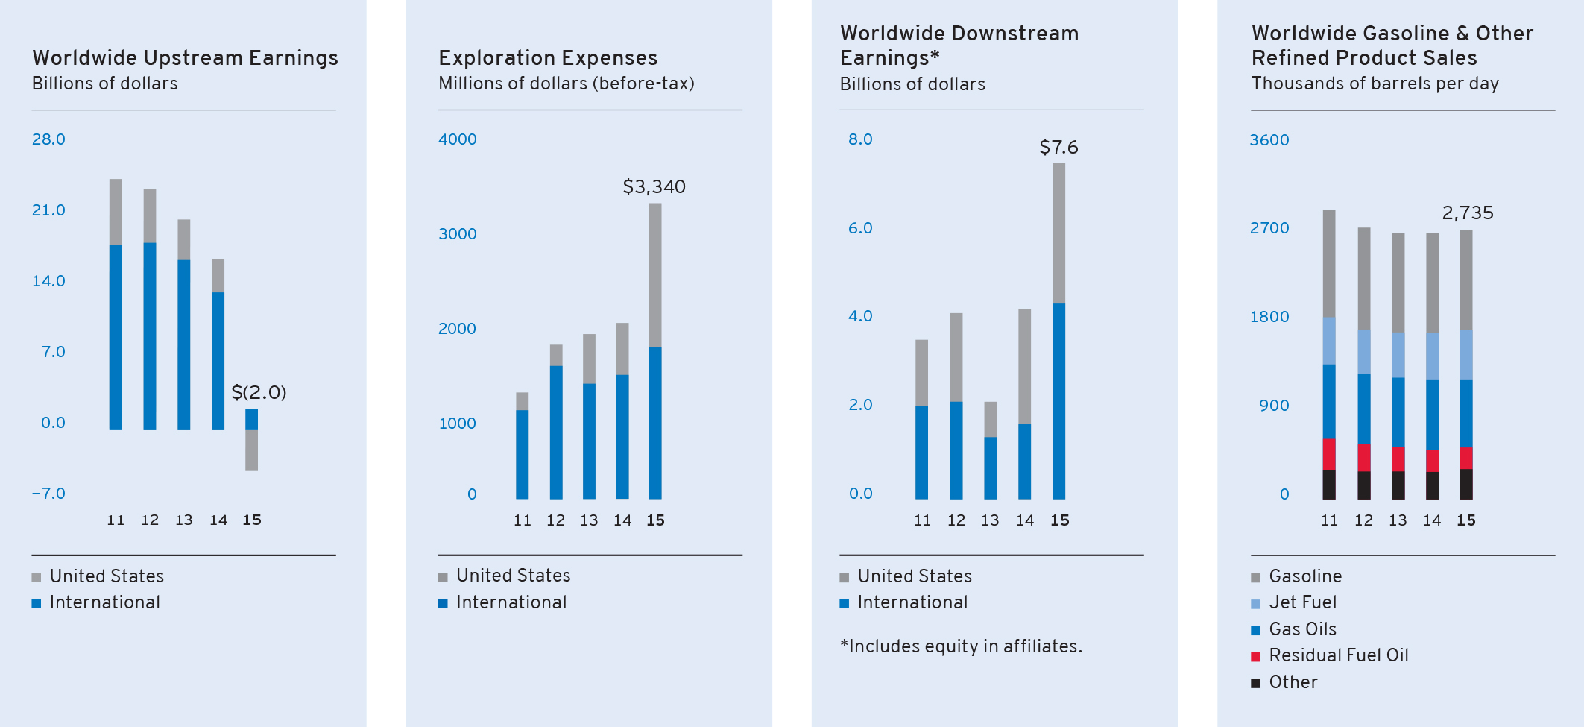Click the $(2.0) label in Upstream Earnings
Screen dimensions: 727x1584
click(x=259, y=392)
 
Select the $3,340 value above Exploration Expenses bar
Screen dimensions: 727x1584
click(x=654, y=186)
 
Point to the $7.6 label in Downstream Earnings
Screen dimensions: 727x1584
click(x=1058, y=148)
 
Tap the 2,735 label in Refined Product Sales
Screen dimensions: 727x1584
click(x=1468, y=213)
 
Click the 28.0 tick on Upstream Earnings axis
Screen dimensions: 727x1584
click(x=48, y=139)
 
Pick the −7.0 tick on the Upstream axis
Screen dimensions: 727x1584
click(x=48, y=494)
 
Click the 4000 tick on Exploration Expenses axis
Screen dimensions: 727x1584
click(x=457, y=139)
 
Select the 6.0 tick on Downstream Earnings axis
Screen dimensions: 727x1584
click(x=860, y=228)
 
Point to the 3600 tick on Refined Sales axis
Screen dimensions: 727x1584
click(x=1269, y=140)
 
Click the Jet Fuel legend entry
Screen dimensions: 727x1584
click(x=1302, y=602)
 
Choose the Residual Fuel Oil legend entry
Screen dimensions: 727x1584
click(x=1338, y=655)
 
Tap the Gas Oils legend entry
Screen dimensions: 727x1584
click(x=1302, y=629)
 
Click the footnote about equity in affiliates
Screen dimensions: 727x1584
click(x=961, y=646)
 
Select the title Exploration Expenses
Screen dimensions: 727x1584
click(x=548, y=58)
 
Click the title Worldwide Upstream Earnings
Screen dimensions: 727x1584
click(x=185, y=58)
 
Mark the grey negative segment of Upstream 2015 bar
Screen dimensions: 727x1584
click(x=252, y=450)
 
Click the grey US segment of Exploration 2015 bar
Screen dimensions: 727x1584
click(x=655, y=274)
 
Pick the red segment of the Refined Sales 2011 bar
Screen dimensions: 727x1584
click(x=1329, y=454)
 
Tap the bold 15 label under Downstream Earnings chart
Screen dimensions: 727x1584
click(x=1059, y=520)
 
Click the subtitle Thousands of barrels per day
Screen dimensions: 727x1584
click(x=1375, y=84)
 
